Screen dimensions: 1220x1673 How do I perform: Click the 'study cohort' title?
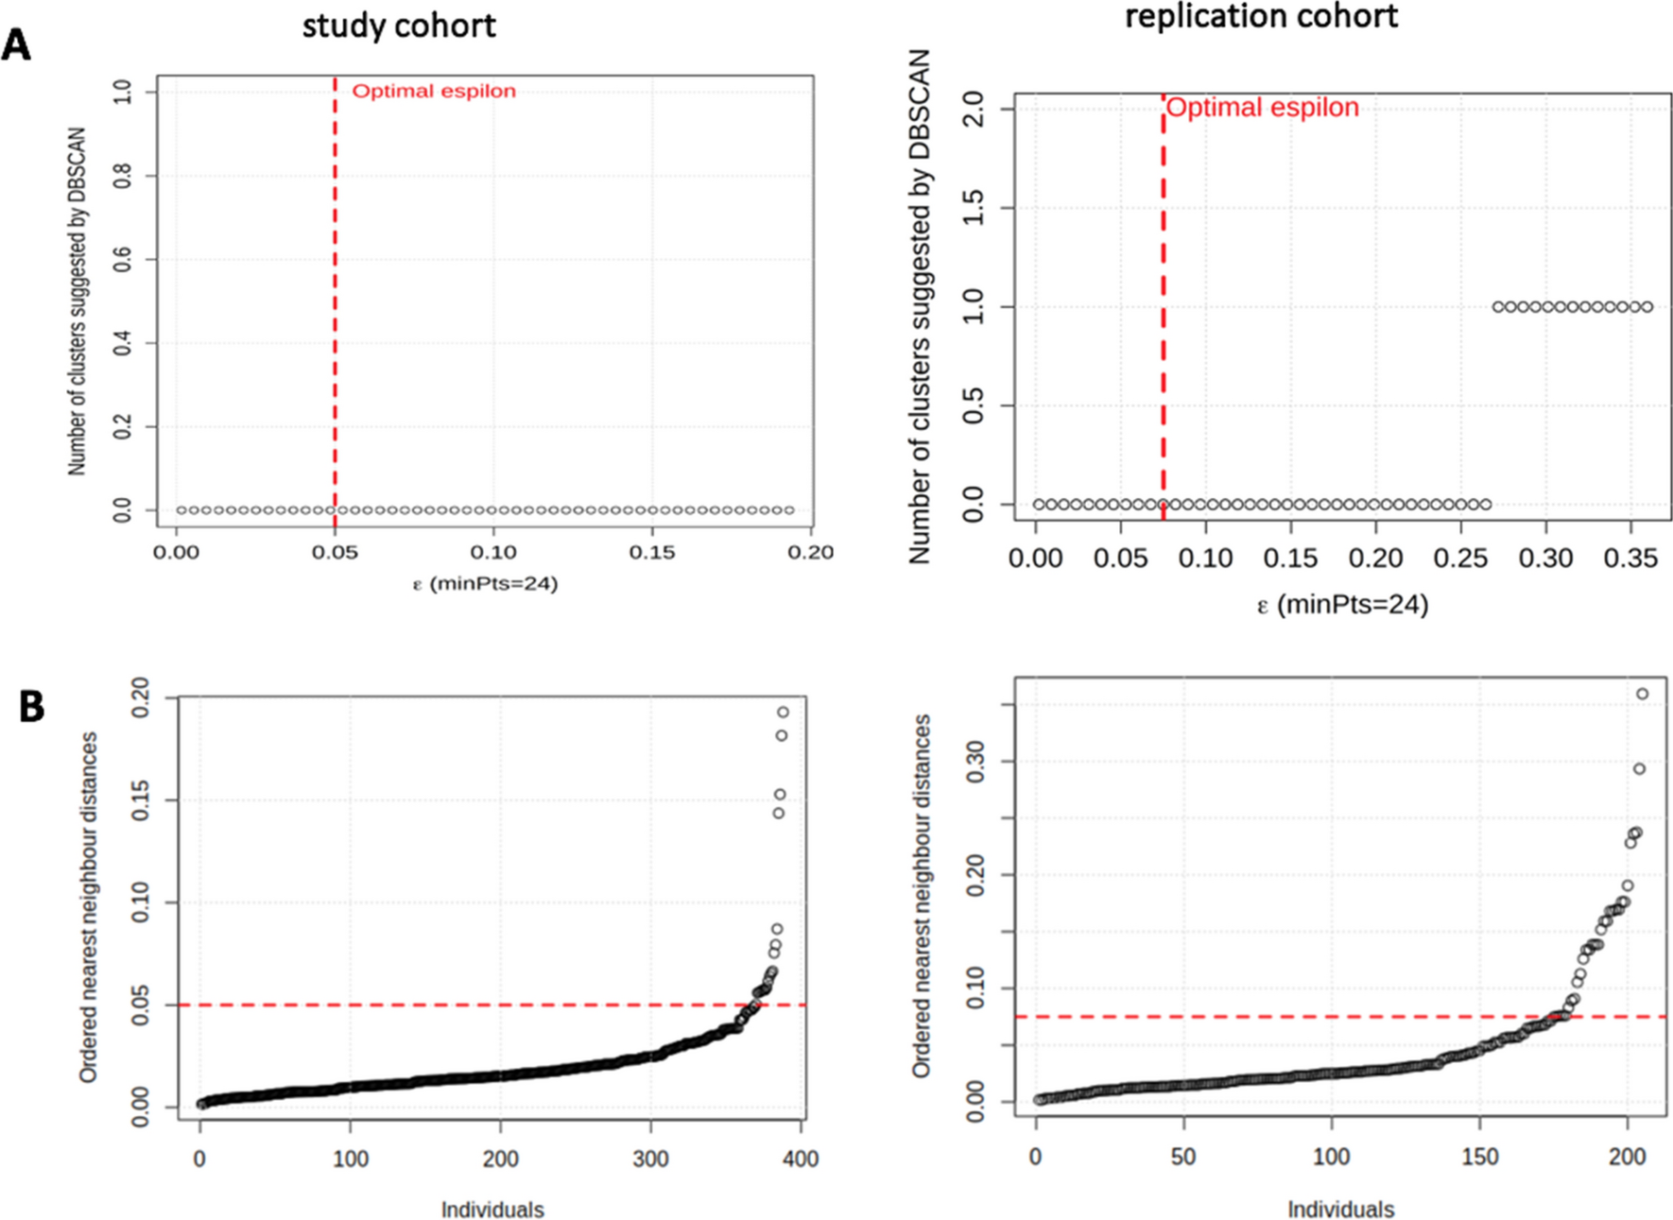coord(398,26)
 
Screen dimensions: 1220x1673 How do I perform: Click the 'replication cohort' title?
coord(1261,15)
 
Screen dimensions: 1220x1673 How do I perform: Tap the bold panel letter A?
coord(16,44)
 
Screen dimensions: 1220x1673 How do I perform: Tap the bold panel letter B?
coord(31,707)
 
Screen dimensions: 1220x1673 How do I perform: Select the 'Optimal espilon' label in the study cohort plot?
coord(434,92)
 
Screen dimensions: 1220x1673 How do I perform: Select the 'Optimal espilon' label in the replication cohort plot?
coord(1262,108)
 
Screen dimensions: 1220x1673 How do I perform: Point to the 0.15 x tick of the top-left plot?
coord(653,552)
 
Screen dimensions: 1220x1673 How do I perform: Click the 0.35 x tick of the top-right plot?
coord(1630,558)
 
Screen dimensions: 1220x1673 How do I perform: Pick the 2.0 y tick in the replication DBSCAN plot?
coord(974,110)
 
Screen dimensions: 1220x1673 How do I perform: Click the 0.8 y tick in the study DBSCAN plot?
coord(123,176)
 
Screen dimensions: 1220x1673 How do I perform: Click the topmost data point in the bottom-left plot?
coord(783,713)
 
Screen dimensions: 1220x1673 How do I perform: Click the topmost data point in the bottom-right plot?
coord(1642,695)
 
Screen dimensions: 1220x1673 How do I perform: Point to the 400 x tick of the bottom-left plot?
coord(801,1159)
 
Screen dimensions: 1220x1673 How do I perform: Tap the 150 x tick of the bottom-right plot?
coord(1479,1157)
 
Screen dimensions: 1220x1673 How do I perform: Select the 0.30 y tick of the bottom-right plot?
coord(974,762)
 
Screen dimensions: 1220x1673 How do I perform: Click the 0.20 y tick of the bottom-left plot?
coord(140,698)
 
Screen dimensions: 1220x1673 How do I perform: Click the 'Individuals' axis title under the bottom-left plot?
coord(492,1210)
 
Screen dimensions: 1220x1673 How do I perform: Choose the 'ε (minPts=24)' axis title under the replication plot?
coord(1342,605)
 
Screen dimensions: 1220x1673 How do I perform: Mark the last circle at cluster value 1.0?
coord(1647,307)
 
